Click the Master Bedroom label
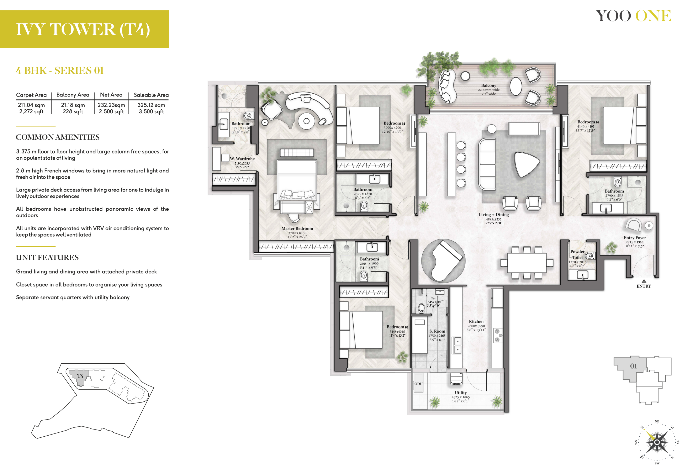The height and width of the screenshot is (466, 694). (x=297, y=228)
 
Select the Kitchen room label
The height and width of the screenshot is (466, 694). (x=476, y=322)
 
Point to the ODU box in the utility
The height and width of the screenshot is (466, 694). (x=418, y=384)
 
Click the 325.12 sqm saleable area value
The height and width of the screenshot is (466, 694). (x=151, y=105)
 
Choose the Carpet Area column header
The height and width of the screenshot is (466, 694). (x=31, y=95)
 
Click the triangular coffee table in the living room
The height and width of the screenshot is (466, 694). (x=526, y=164)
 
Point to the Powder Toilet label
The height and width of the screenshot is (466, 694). (x=577, y=255)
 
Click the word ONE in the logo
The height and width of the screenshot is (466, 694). (x=653, y=16)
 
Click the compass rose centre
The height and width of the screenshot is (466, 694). (x=657, y=442)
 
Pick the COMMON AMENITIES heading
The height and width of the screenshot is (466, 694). (x=58, y=137)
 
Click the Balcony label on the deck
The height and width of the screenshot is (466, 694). (x=489, y=85)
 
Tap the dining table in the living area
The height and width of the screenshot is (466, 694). (x=527, y=263)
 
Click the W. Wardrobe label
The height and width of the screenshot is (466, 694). (x=242, y=159)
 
